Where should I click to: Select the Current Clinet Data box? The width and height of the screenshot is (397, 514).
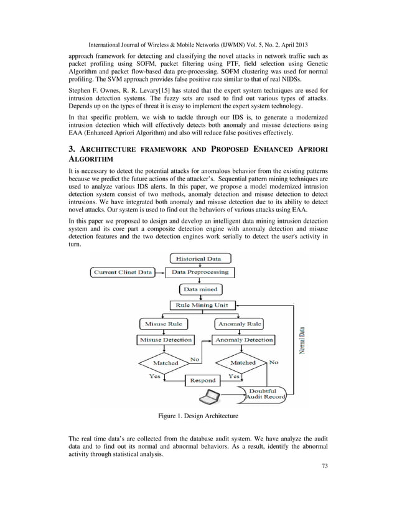(123, 272)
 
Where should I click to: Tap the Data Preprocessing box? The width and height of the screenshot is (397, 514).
(200, 272)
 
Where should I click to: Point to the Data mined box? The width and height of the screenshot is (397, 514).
(199, 289)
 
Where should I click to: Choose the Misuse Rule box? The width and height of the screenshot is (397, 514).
(164, 324)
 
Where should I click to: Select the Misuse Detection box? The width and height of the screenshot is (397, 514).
(164, 340)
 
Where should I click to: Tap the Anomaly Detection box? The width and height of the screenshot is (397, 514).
(243, 340)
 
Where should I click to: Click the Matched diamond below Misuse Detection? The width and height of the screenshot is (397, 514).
(165, 363)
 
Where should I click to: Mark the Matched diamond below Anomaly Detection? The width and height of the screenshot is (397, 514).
(243, 362)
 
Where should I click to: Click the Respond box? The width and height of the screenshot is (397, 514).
(202, 380)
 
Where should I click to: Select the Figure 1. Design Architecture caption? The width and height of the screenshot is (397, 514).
(198, 415)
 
